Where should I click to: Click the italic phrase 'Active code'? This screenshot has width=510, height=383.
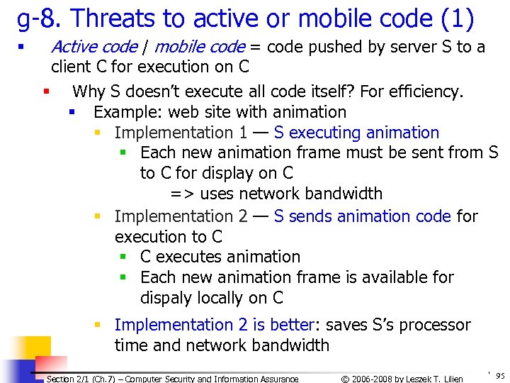point(94,48)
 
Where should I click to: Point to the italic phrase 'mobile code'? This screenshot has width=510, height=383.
point(199,48)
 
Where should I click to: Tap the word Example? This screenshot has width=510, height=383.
point(126,112)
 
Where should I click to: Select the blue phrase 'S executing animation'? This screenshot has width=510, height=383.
point(356,133)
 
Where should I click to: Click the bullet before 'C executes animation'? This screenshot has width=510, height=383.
point(123,257)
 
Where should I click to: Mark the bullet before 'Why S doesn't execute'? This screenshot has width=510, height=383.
point(46,91)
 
